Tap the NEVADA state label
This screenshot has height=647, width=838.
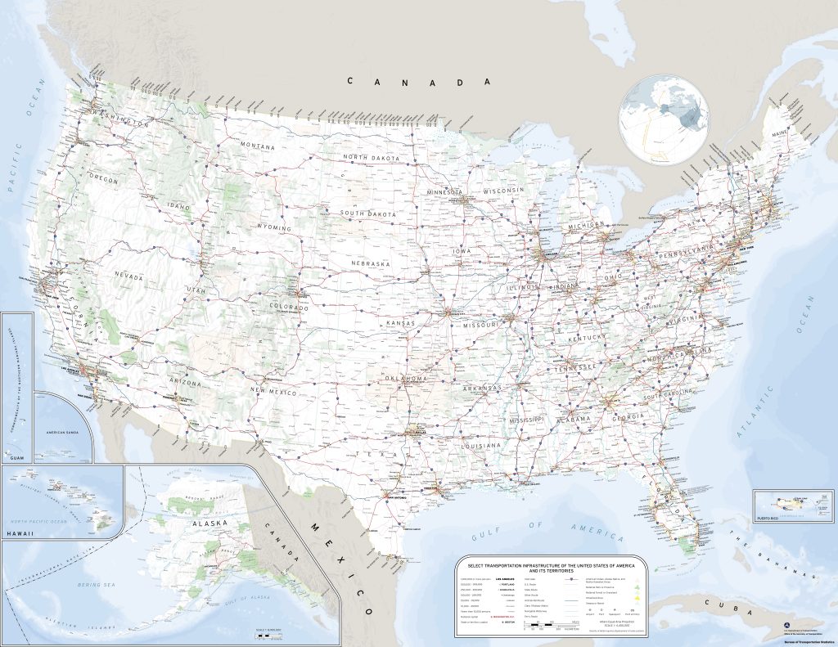(x=128, y=276)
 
